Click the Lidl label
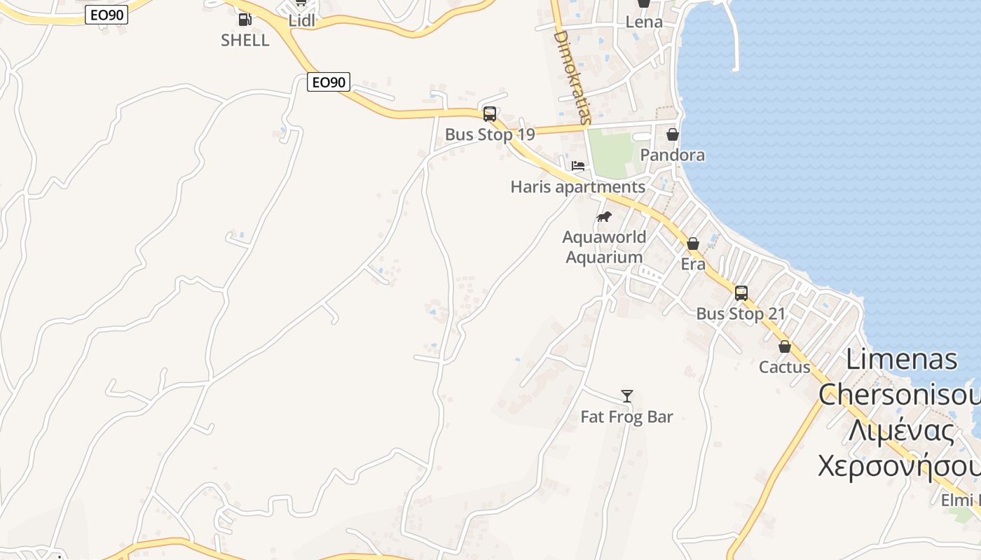tap(302, 21)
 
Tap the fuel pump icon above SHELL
tap(245, 20)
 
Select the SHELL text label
tap(245, 41)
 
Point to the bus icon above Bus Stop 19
tap(490, 114)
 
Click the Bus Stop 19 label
tap(490, 134)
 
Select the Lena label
tap(644, 22)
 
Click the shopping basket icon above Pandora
tap(673, 134)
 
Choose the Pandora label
tap(673, 155)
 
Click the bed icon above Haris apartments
tap(578, 167)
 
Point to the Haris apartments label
tap(578, 187)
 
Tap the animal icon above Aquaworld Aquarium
tap(603, 217)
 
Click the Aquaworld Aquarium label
tap(604, 247)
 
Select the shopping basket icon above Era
tap(693, 244)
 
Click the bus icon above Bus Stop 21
tap(741, 293)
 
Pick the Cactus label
tap(785, 367)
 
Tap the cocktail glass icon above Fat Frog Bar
tap(627, 396)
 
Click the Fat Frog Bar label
tap(627, 417)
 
